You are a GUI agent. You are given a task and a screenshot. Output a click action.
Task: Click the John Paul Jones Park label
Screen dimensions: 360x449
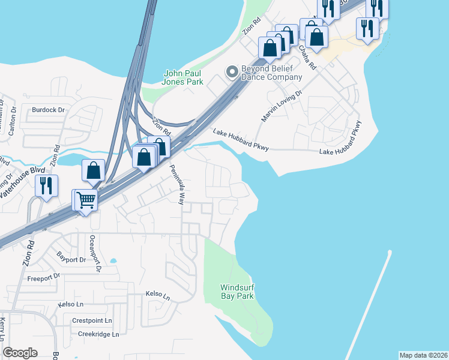pos(183,77)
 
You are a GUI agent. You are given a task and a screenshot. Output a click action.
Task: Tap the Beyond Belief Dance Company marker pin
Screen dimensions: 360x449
pos(232,73)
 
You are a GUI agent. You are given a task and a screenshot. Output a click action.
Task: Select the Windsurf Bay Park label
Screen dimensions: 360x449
pos(237,291)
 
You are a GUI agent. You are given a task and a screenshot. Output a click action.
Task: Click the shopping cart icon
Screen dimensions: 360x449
pos(86,199)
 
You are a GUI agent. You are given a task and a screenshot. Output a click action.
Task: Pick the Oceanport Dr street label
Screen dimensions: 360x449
pos(94,253)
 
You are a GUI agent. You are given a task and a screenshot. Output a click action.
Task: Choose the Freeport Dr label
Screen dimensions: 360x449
pos(44,277)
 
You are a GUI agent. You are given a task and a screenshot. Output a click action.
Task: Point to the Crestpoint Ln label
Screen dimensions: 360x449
pos(92,321)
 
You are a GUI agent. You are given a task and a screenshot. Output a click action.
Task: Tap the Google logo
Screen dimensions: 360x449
pos(20,353)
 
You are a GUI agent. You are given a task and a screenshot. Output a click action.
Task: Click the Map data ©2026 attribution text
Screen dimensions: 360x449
pos(424,355)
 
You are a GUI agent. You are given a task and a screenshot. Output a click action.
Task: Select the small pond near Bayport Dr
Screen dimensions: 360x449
pos(113,261)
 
